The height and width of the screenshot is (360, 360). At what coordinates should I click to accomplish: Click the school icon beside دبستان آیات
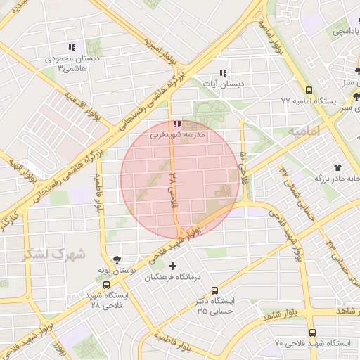click(x=223, y=73)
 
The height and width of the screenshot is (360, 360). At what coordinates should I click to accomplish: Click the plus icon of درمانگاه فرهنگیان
click(x=172, y=265)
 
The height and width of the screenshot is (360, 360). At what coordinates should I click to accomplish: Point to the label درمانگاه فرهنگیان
click(x=173, y=277)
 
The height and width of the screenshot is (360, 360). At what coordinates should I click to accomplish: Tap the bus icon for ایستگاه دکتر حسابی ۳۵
click(x=214, y=290)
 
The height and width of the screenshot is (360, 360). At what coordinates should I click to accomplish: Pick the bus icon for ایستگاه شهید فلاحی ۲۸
click(x=105, y=285)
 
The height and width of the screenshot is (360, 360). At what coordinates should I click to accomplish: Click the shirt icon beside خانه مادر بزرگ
click(x=338, y=167)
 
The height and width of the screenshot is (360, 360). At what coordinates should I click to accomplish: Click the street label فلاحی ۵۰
click(x=243, y=163)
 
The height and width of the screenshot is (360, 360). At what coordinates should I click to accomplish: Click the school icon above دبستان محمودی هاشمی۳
click(x=72, y=48)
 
